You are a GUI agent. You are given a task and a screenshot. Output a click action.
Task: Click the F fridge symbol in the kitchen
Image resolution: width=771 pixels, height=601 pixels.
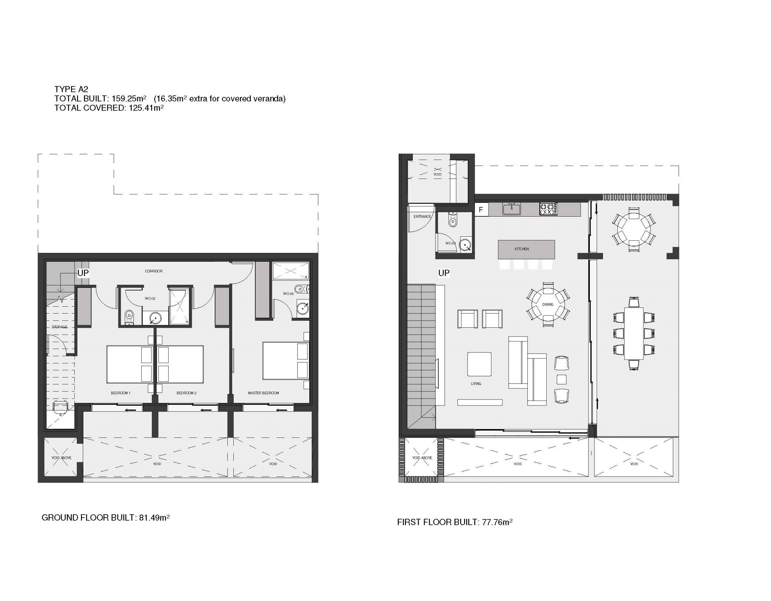[481, 210]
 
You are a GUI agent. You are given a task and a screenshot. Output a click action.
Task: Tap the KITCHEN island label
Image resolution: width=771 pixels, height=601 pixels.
[521, 249]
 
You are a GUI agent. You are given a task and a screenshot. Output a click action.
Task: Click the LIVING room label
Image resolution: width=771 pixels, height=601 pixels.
[476, 383]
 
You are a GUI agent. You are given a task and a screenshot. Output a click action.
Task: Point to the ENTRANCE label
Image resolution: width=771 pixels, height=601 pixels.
[422, 217]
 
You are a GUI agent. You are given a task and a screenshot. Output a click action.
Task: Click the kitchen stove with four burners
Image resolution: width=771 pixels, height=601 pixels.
[548, 209]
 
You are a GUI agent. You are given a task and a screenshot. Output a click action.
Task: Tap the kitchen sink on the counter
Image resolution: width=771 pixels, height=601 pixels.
[511, 209]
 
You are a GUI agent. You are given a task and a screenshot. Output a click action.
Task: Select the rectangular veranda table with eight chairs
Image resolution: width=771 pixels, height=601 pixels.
[634, 333]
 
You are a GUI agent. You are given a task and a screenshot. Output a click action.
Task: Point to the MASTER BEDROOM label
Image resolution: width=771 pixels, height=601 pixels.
[263, 393]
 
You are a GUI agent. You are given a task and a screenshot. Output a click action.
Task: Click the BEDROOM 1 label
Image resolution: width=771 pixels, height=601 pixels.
[121, 393]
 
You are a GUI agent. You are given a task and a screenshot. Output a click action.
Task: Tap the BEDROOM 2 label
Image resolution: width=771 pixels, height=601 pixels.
[186, 393]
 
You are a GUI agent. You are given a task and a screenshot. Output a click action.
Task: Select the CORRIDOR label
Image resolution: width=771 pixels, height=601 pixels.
[154, 271]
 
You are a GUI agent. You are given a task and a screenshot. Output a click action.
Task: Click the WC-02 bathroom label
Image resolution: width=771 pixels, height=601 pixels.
[150, 298]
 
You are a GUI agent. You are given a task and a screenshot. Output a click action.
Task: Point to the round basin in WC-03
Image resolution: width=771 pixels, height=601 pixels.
[303, 308]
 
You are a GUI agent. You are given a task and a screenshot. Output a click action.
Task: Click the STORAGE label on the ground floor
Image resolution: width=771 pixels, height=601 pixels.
[59, 327]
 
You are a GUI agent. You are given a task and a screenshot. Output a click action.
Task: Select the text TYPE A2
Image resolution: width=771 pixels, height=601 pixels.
[71, 89]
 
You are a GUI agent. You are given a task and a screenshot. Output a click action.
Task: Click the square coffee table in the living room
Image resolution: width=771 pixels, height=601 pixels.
[479, 364]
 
